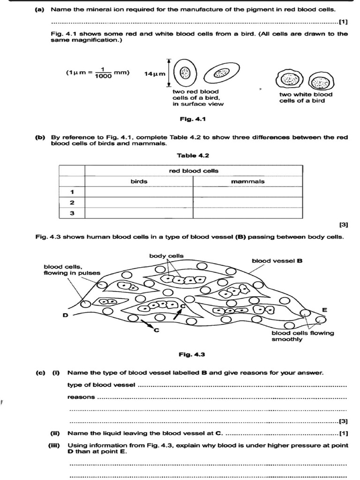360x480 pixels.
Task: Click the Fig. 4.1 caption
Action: coord(193,119)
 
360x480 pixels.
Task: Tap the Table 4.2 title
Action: coord(193,155)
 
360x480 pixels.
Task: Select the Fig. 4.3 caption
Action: coord(193,354)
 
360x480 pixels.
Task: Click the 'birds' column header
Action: coord(139,181)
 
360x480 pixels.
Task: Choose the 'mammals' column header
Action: coord(247,181)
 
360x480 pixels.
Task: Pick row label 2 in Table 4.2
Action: coord(72,202)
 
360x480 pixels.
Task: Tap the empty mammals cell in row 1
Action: coord(247,192)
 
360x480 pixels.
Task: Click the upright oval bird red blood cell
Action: coord(186,73)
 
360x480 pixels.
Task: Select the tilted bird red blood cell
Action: coord(220,73)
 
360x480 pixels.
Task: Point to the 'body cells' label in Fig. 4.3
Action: coord(166,255)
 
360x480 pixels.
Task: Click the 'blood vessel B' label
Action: coord(277,260)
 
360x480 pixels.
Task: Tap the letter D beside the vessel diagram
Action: coord(66,315)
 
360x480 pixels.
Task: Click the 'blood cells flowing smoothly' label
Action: coord(303,336)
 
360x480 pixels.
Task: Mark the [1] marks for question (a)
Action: coord(343,21)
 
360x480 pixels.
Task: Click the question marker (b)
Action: coord(40,137)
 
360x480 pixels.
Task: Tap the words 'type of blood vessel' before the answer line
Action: coord(101,385)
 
